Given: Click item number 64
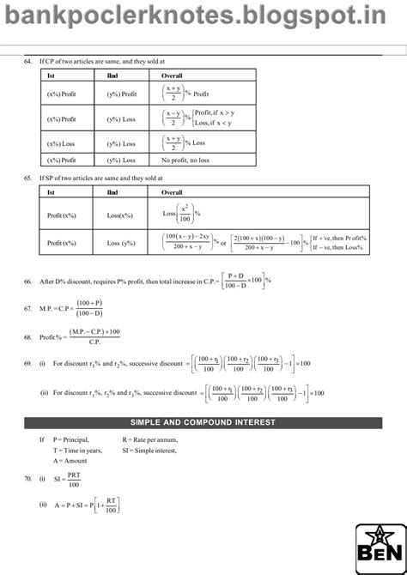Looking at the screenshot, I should tap(28, 63).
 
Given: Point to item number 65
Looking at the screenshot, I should tap(28, 178).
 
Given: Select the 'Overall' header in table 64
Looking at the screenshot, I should tap(173, 76).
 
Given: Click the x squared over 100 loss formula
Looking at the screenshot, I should tap(181, 214).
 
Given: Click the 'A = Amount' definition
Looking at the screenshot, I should tap(70, 461).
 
